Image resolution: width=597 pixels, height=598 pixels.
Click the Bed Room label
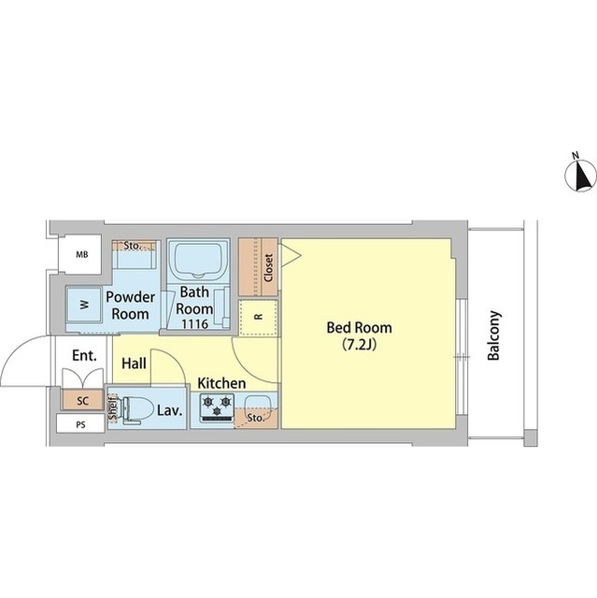tap(359, 328)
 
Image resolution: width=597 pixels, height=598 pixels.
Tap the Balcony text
tap(493, 335)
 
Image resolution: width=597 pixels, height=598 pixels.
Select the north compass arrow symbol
tap(580, 176)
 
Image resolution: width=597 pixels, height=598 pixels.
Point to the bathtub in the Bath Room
tap(197, 260)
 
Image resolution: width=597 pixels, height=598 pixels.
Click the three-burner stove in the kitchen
tap(217, 408)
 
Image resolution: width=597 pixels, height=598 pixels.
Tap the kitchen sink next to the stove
tap(257, 405)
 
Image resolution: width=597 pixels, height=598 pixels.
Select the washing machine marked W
tap(84, 305)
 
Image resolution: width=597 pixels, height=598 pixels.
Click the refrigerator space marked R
tap(259, 318)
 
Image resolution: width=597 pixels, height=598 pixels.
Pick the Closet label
tap(268, 268)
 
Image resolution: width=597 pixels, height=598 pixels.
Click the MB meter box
tap(81, 254)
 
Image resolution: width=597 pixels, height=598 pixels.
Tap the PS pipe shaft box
tap(80, 424)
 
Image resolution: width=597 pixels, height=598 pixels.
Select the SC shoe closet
tap(83, 401)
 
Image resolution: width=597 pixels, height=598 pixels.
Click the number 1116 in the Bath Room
tap(195, 324)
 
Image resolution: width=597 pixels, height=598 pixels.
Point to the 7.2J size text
tap(359, 344)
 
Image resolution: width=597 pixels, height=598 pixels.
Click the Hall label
tap(134, 363)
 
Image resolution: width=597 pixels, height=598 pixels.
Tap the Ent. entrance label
tap(84, 355)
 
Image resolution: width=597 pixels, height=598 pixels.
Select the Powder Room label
tap(131, 306)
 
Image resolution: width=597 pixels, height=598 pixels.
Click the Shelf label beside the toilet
tap(112, 409)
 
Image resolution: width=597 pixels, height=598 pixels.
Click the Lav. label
tap(170, 410)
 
